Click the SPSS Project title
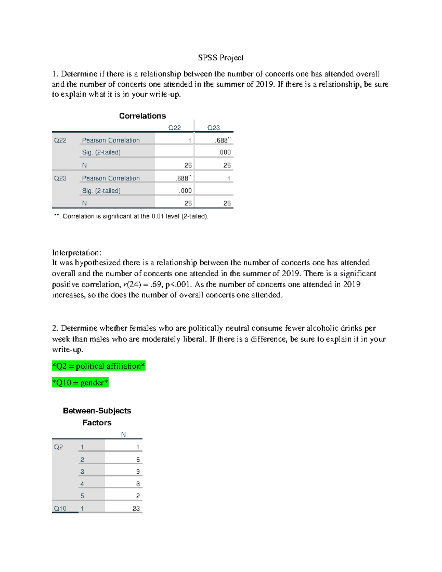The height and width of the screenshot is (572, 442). [221, 57]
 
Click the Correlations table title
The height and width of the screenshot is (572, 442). [142, 116]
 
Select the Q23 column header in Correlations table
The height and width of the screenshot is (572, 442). [213, 127]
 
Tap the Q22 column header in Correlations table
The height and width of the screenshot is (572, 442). [175, 127]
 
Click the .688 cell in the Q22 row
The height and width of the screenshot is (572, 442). [223, 140]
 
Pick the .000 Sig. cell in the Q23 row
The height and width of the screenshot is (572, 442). [185, 190]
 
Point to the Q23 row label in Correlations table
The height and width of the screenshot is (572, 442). [60, 178]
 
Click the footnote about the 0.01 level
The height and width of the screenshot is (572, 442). [131, 216]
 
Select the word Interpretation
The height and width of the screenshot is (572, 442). [76, 253]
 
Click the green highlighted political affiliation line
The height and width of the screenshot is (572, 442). [99, 366]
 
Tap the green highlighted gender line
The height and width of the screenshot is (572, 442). [80, 383]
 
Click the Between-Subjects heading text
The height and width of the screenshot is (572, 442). [97, 411]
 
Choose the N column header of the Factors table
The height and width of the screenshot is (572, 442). [123, 435]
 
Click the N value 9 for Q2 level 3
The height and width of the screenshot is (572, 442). [138, 471]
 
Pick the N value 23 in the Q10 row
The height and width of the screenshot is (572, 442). [136, 508]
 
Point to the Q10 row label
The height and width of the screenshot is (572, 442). [60, 508]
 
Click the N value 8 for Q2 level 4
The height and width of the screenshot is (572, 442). [138, 484]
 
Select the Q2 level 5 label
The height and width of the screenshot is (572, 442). [82, 496]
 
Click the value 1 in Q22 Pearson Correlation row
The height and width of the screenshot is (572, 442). [189, 140]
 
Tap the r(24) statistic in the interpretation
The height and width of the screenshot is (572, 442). [131, 284]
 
